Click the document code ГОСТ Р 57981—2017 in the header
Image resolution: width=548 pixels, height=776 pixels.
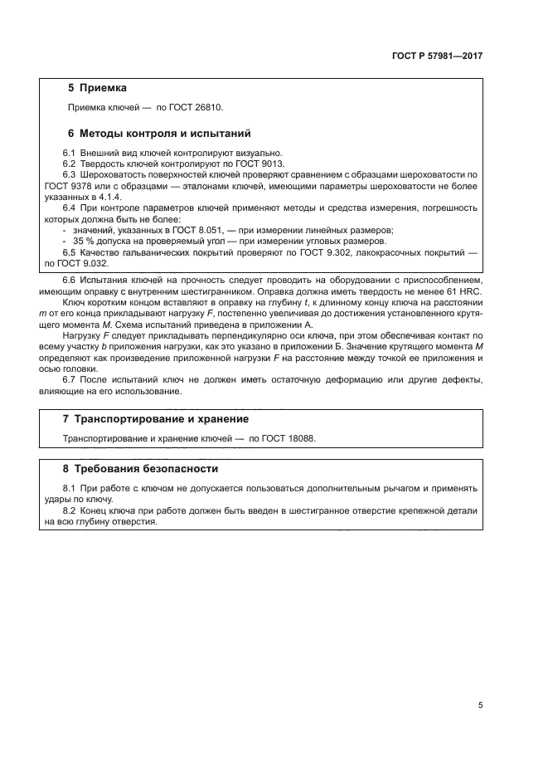(x=436, y=56)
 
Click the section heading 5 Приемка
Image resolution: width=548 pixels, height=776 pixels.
(x=96, y=87)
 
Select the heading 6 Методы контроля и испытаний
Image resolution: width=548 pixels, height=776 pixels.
(x=158, y=133)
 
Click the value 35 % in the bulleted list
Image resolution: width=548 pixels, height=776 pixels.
(x=83, y=241)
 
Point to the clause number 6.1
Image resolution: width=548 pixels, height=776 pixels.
(x=70, y=153)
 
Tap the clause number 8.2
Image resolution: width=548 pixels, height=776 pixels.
(x=70, y=510)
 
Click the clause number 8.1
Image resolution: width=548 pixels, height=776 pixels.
(x=70, y=489)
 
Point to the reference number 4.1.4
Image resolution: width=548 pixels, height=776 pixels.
(x=109, y=197)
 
